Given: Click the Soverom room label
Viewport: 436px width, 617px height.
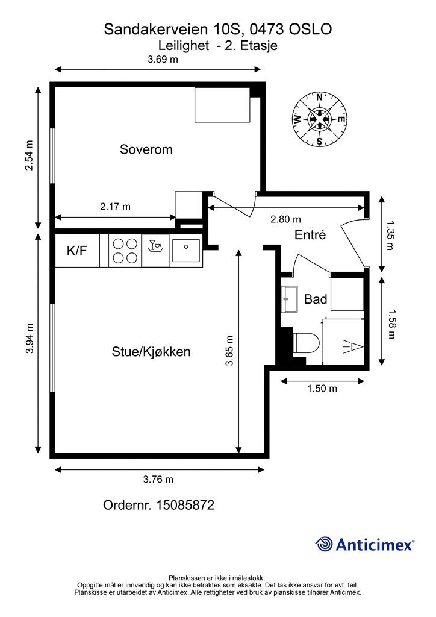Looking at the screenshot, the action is [x=146, y=149].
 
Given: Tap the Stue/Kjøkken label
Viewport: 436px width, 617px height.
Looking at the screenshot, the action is [x=151, y=351].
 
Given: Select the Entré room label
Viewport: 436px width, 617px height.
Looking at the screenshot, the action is [x=310, y=234].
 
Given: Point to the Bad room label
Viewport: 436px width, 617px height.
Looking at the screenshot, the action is [x=316, y=299].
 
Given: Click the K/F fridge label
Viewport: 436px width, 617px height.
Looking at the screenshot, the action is [x=76, y=251].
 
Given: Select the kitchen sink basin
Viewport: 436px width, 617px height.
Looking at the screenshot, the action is [x=186, y=251].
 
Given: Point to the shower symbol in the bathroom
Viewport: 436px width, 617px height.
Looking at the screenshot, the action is [x=352, y=346].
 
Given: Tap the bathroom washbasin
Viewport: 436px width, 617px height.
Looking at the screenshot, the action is [x=290, y=299].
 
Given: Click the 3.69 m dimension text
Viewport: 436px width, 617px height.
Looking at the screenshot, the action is [x=163, y=60].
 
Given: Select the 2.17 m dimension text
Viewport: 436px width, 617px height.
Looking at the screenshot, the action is [x=115, y=207].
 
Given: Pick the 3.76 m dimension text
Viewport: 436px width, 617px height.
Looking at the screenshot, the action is [x=158, y=479].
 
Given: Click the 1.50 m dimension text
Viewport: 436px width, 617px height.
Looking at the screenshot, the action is [x=322, y=389].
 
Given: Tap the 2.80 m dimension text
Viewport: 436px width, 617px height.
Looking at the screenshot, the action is [x=286, y=219].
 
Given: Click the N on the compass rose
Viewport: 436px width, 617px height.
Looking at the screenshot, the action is [x=320, y=98].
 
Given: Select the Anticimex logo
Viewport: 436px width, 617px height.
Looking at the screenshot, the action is [x=364, y=544].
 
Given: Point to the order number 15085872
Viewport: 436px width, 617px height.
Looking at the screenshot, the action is [x=185, y=505].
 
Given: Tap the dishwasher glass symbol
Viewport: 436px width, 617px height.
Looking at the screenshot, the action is [x=155, y=245].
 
